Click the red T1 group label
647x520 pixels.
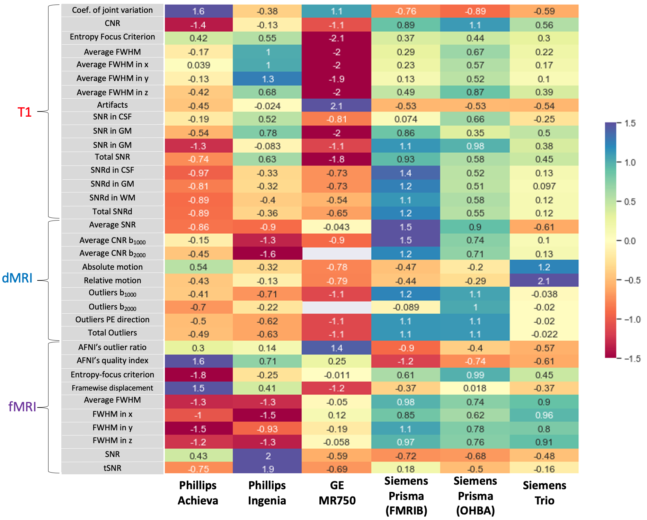pyautogui.click(x=24, y=112)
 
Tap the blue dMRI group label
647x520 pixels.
pyautogui.click(x=17, y=278)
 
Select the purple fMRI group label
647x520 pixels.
pyautogui.click(x=22, y=406)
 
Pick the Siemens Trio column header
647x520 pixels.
pyautogui.click(x=544, y=493)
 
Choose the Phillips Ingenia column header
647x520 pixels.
pyautogui.click(x=267, y=493)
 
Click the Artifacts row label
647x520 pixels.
pyautogui.click(x=112, y=105)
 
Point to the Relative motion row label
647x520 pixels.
pyautogui.click(x=112, y=280)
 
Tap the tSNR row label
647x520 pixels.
pyautogui.click(x=112, y=468)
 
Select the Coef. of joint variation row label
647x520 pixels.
pyautogui.click(x=112, y=10)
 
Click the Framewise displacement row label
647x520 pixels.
pyautogui.click(x=112, y=388)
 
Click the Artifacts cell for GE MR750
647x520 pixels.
pyautogui.click(x=336, y=106)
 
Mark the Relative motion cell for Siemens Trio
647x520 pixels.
pyautogui.click(x=544, y=281)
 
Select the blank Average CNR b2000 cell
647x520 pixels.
pyautogui.click(x=336, y=254)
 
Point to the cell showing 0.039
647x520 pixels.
pyautogui.click(x=198, y=65)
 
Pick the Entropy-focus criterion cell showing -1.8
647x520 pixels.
pyautogui.click(x=198, y=375)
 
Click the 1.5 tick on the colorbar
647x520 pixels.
pyautogui.click(x=630, y=123)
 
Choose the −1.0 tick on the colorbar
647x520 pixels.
pyautogui.click(x=632, y=320)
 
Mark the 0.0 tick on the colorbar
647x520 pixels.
pyautogui.click(x=630, y=241)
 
